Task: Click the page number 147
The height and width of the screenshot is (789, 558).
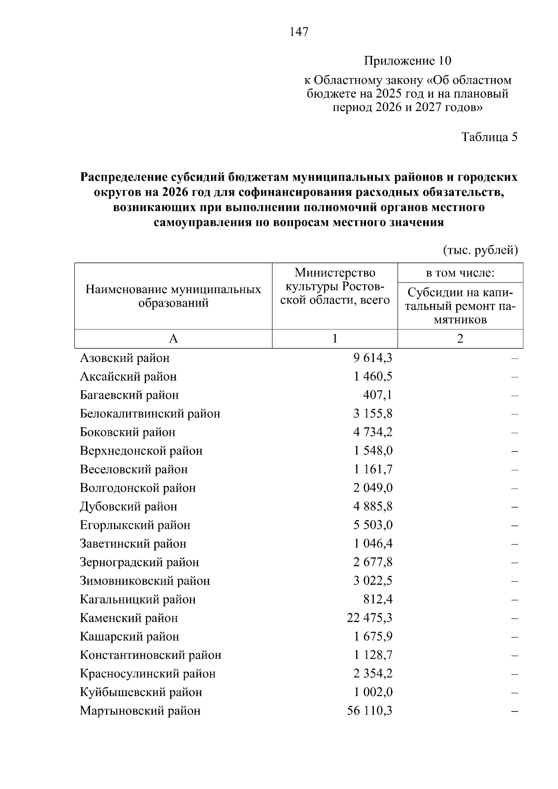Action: [299, 32]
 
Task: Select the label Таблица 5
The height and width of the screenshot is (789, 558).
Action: [489, 137]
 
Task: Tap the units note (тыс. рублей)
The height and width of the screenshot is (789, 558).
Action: [480, 250]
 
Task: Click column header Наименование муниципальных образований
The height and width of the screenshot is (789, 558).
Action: [173, 296]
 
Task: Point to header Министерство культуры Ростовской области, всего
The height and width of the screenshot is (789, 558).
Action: [335, 286]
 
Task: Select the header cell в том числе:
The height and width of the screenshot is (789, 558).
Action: [460, 273]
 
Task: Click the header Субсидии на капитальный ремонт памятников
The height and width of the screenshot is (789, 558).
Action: [460, 306]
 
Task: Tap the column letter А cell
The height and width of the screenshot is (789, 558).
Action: [173, 339]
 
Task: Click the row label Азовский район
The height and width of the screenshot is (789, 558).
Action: [125, 358]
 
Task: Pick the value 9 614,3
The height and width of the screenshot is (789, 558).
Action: [373, 358]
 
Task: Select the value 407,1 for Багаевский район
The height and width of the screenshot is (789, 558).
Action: [378, 395]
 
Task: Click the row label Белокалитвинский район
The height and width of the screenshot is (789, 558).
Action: [150, 414]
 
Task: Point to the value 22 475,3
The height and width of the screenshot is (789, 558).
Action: [370, 618]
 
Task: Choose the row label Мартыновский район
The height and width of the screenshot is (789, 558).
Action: [140, 711]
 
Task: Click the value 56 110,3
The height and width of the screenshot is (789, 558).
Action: [370, 711]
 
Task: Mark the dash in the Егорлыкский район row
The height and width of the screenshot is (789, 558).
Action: [514, 526]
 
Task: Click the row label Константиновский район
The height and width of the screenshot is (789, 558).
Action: [150, 655]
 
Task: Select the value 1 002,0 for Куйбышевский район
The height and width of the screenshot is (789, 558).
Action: [373, 692]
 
